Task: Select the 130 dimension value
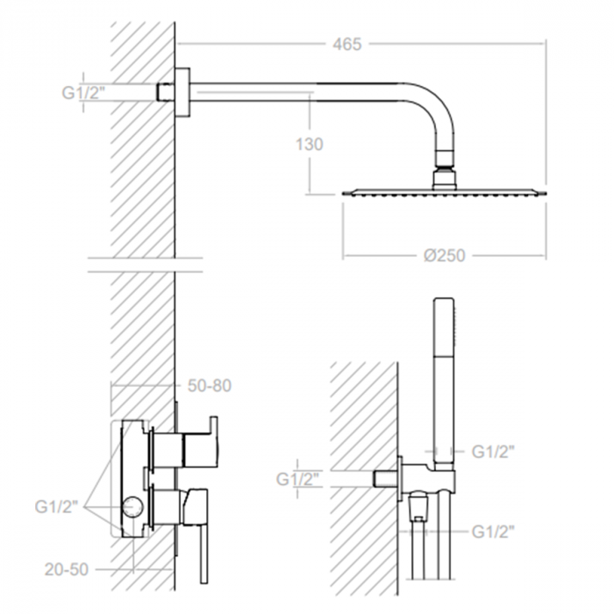click(310, 144)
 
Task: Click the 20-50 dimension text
click(67, 569)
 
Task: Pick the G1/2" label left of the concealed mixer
click(58, 506)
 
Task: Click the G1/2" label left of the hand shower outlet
click(299, 479)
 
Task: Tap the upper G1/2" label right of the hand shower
click(494, 452)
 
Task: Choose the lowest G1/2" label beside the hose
click(494, 531)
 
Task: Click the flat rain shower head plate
click(443, 190)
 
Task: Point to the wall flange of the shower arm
click(182, 91)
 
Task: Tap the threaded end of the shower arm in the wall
click(165, 91)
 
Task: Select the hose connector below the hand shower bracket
click(420, 509)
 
